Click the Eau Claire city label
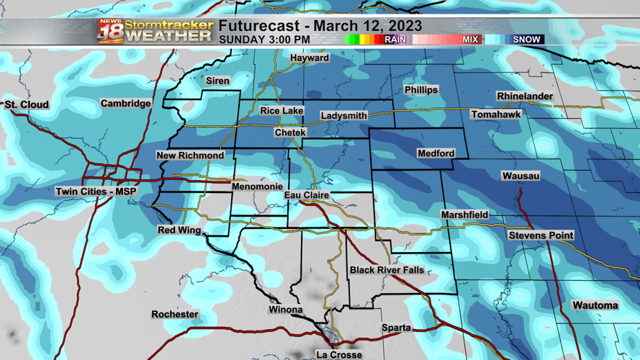pos(307,195)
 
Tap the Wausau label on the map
pos(520,176)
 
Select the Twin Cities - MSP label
pos(96,192)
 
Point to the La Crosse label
pos(339,354)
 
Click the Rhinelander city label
pos(525,96)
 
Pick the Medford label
pos(436,153)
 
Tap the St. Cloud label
pos(27,104)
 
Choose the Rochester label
pos(175,314)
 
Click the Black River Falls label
pos(387,270)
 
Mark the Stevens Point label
pos(541,235)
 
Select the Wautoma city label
pos(595,305)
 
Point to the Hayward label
pos(310,58)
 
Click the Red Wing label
pos(179,230)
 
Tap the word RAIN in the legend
pos(395,40)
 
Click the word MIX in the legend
pos(470,40)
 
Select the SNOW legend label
pos(526,40)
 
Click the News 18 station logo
pos(111,32)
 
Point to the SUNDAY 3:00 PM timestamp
pos(264,40)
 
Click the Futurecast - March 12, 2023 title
pos(320,27)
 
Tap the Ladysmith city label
pos(344,115)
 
